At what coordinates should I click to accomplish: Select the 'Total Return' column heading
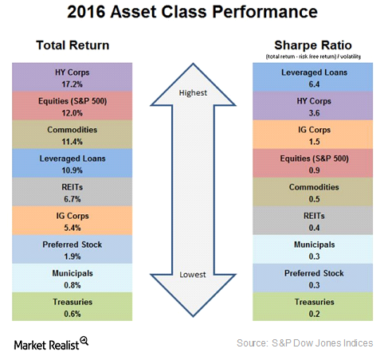[73, 45]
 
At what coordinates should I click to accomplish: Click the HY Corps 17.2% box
[73, 77]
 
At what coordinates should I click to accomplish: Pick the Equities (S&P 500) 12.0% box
[73, 106]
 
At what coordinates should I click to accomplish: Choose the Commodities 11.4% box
[73, 135]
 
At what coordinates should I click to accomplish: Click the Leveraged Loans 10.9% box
[73, 163]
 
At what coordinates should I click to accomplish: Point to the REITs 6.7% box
[73, 192]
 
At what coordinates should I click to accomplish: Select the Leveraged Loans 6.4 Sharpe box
[313, 77]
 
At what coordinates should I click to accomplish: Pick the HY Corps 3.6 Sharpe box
[313, 106]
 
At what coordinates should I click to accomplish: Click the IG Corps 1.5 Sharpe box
[313, 135]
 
